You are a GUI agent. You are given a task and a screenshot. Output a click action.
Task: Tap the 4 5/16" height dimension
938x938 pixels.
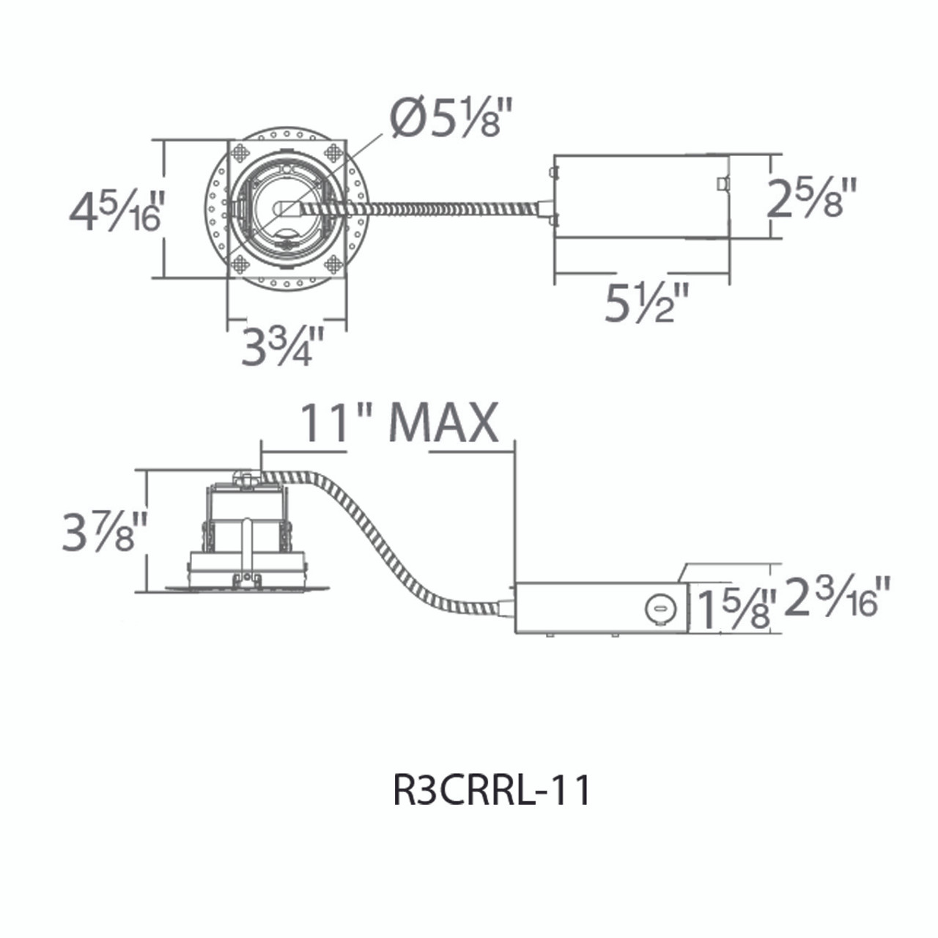[x=114, y=211]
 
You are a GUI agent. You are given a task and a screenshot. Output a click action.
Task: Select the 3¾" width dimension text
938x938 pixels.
[x=283, y=347]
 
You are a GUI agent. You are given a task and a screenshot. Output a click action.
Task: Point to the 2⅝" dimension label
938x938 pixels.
[x=812, y=197]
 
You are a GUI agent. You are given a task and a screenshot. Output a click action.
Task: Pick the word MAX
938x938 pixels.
[x=444, y=423]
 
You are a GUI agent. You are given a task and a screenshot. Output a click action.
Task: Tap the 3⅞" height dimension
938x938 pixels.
[x=104, y=531]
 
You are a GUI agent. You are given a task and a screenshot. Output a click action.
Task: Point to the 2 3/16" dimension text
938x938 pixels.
[x=836, y=597]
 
